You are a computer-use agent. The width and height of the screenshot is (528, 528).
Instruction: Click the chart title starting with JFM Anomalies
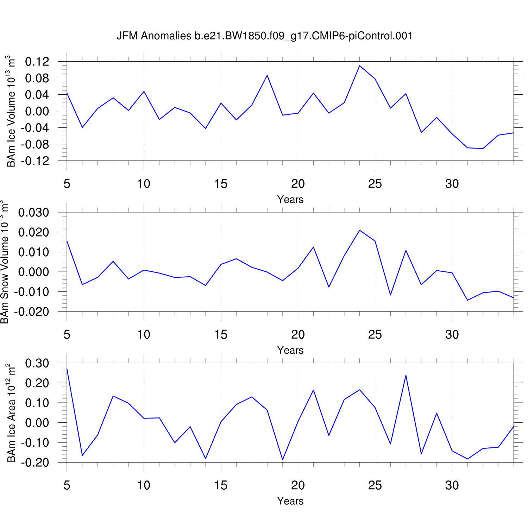[x=264, y=36]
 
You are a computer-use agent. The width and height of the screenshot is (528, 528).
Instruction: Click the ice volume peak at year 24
[x=359, y=66]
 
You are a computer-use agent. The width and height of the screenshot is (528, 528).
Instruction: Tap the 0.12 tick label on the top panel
[x=37, y=62]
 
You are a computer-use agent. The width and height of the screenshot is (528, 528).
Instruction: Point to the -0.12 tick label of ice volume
[x=35, y=161]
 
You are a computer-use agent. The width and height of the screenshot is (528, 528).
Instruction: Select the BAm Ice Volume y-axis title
[x=11, y=111]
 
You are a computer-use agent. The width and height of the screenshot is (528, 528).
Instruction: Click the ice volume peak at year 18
[x=267, y=75]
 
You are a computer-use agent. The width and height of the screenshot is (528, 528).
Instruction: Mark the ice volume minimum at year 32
[x=483, y=149]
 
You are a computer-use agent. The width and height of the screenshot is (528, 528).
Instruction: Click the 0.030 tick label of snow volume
[x=34, y=213]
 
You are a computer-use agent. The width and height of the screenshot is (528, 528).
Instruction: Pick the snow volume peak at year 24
[x=359, y=230]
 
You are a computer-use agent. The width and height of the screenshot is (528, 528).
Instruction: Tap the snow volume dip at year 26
[x=390, y=295]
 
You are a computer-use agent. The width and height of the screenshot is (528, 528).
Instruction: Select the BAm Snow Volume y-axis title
[x=5, y=262]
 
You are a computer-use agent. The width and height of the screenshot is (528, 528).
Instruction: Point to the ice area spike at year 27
[x=406, y=375]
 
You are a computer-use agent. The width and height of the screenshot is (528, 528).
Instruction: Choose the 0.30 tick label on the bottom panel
[x=37, y=363]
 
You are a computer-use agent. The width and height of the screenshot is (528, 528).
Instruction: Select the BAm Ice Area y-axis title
[x=11, y=413]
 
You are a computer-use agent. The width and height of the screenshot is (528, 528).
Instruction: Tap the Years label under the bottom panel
[x=290, y=501]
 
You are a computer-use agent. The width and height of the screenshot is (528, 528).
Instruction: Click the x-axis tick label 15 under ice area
[x=221, y=485]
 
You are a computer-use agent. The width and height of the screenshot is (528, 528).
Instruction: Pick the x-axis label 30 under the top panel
[x=452, y=184]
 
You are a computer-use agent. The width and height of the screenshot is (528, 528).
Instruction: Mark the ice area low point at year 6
[x=82, y=455]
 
